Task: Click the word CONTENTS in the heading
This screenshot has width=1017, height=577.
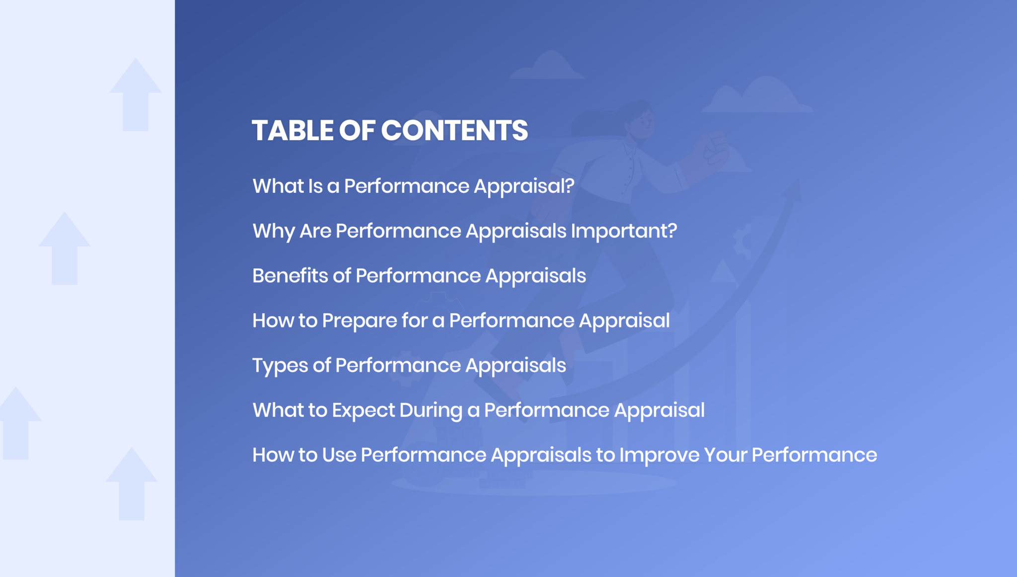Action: [x=454, y=131]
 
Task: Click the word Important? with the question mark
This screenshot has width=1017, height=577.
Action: [x=624, y=232]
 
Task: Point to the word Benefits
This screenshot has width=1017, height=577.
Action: [x=290, y=275]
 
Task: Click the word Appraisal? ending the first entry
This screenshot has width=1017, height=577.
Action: [x=524, y=187]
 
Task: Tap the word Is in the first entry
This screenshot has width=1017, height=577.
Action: [x=315, y=186]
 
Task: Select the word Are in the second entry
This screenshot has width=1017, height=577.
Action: [x=315, y=231]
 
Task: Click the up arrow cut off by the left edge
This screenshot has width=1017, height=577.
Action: [x=17, y=422]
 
